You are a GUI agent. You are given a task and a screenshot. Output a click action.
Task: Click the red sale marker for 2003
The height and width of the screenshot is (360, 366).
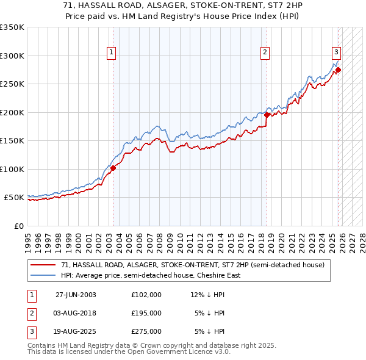pyautogui.click(x=113, y=168)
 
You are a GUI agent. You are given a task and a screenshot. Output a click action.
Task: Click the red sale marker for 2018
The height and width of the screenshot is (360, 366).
pyautogui.click(x=267, y=115)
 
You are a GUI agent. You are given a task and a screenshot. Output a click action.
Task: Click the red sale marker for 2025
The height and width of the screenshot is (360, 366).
pyautogui.click(x=338, y=70)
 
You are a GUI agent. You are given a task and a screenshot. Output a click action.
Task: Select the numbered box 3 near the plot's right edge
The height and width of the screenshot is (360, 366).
pyautogui.click(x=336, y=52)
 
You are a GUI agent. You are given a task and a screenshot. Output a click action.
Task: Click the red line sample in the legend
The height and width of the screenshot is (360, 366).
pyautogui.click(x=43, y=265)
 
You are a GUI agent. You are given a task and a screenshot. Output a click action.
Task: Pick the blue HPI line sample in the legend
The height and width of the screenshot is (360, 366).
pyautogui.click(x=43, y=275)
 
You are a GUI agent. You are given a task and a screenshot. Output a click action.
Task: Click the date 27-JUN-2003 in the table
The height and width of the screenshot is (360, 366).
pyautogui.click(x=76, y=295)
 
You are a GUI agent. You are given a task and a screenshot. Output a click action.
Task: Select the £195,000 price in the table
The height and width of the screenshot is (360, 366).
pyautogui.click(x=146, y=313)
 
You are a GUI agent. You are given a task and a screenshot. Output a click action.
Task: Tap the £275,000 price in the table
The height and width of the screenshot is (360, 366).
pyautogui.click(x=146, y=331)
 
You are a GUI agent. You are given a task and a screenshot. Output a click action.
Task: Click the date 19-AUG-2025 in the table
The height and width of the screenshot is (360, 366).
pyautogui.click(x=76, y=331)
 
